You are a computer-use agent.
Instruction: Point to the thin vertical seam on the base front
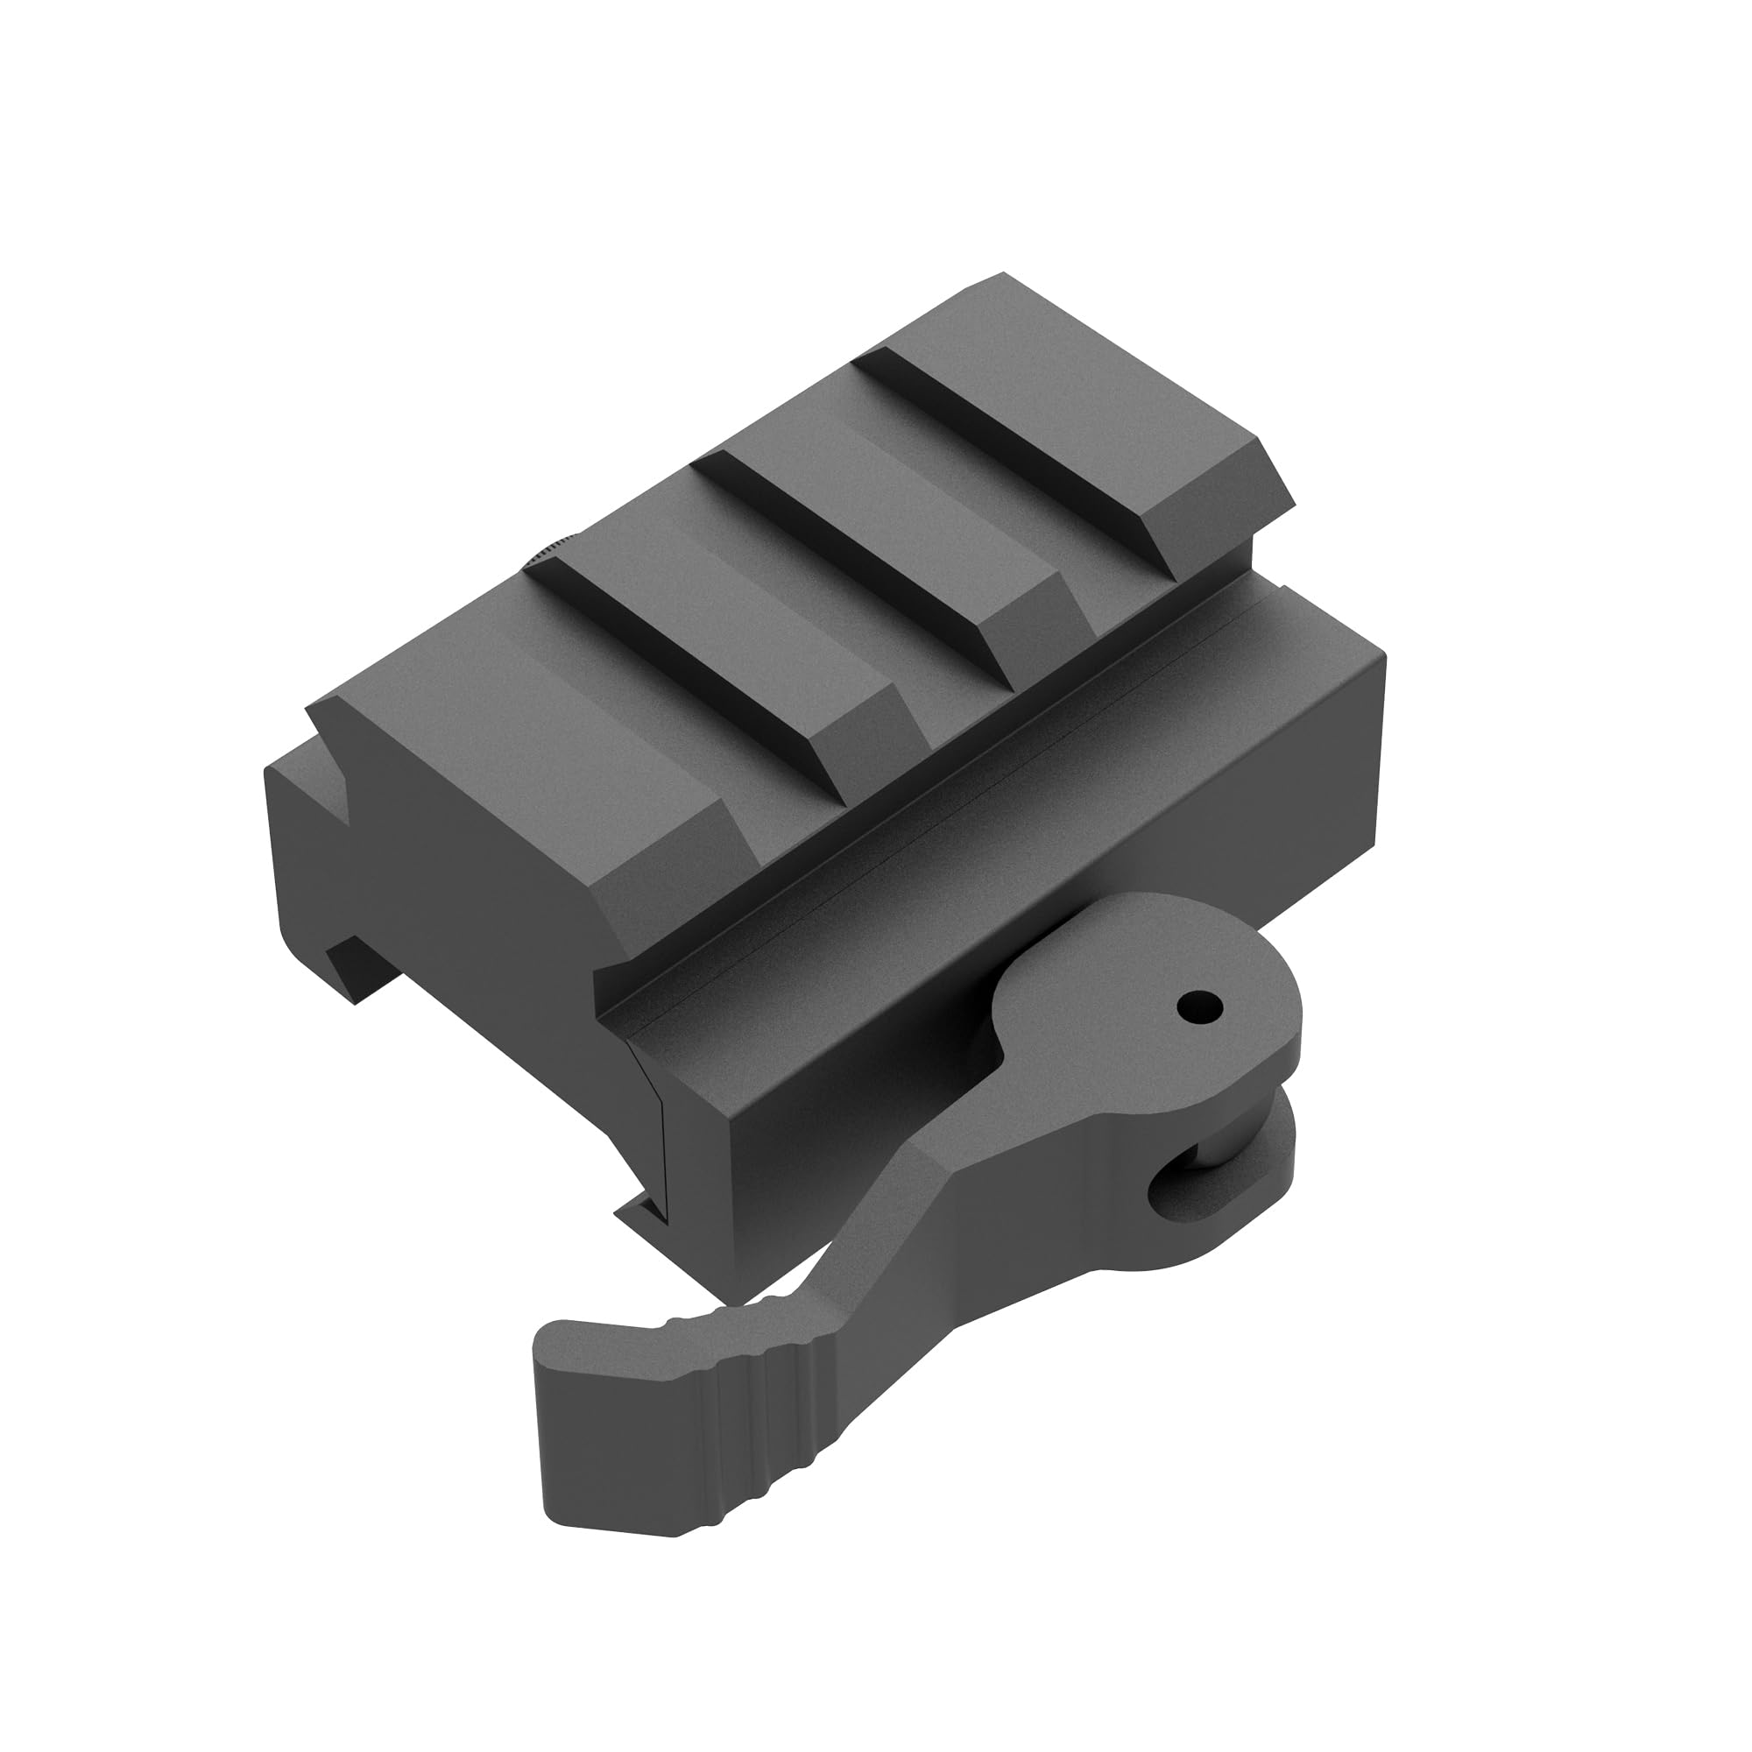pos(663,1134)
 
